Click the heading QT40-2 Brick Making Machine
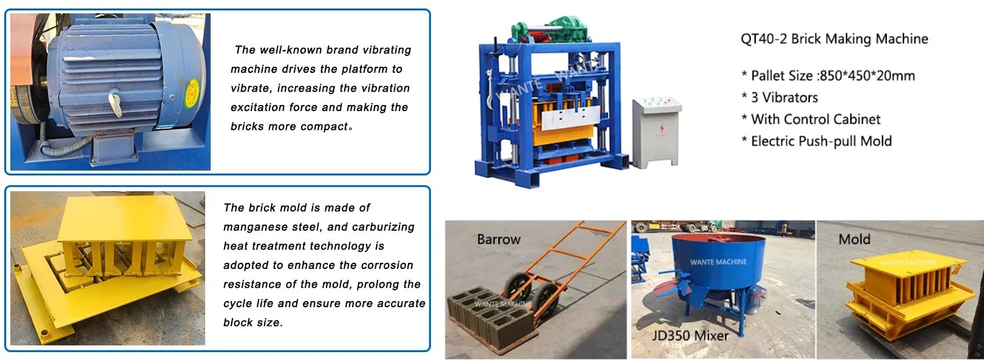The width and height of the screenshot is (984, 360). [834, 39]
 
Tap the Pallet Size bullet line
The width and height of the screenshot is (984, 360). [828, 76]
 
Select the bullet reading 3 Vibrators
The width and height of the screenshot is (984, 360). [779, 98]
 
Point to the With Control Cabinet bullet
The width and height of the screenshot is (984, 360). [810, 120]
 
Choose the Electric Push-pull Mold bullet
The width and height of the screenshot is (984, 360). [816, 141]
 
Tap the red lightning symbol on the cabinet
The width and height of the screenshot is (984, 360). [662, 128]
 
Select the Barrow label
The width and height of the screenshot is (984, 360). [498, 239]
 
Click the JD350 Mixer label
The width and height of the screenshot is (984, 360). [690, 335]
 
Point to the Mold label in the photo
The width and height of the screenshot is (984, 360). [854, 239]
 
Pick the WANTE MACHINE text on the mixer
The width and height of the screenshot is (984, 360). [718, 262]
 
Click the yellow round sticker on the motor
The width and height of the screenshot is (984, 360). [195, 87]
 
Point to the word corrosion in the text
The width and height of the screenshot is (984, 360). [385, 265]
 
